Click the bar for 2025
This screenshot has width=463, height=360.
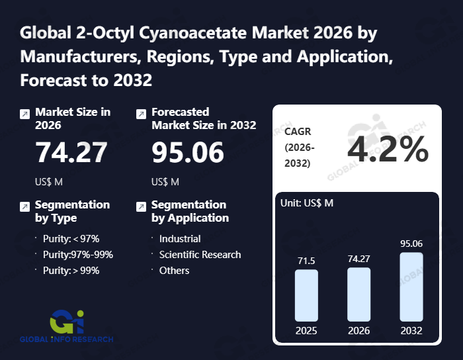[x=306, y=295]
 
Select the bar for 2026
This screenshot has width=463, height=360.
[x=358, y=294]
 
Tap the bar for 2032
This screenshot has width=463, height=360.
[x=411, y=287]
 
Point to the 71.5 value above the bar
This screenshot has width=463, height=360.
[x=306, y=261]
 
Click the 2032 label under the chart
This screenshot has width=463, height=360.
[x=411, y=330]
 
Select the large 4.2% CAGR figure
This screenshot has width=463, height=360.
[x=388, y=150]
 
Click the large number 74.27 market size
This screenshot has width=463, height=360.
[x=71, y=153]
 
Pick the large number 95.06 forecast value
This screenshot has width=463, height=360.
[x=188, y=153]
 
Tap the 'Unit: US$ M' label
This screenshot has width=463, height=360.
[x=308, y=202]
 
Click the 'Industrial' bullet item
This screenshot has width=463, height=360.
[x=180, y=238]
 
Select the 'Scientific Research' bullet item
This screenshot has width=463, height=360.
[x=200, y=254]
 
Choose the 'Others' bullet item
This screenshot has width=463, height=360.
[x=174, y=270]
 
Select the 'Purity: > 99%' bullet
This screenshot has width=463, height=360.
[x=71, y=270]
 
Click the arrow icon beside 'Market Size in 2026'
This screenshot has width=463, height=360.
[x=24, y=114]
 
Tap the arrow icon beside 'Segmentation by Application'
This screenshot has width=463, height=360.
[x=141, y=206]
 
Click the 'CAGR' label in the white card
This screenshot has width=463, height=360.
[x=298, y=132]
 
